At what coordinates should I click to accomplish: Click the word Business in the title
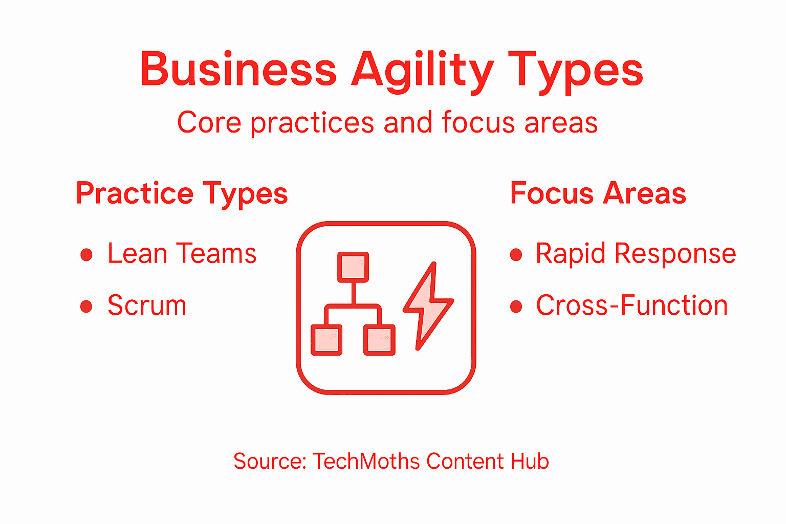pyautogui.click(x=238, y=70)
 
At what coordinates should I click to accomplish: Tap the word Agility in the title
pyautogui.click(x=423, y=71)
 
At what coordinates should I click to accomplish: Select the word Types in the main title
pyautogui.click(x=575, y=71)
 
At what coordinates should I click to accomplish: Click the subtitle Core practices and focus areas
pyautogui.click(x=387, y=123)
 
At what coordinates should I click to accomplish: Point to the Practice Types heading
pyautogui.click(x=182, y=194)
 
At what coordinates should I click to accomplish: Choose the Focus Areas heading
pyautogui.click(x=598, y=193)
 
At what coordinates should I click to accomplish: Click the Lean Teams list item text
pyautogui.click(x=182, y=254)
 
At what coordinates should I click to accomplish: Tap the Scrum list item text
pyautogui.click(x=147, y=305)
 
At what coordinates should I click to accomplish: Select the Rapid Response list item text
pyautogui.click(x=636, y=253)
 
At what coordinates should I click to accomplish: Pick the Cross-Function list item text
pyautogui.click(x=631, y=305)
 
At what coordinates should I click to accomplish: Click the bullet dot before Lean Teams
pyautogui.click(x=86, y=255)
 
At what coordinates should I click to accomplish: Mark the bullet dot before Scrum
pyautogui.click(x=86, y=307)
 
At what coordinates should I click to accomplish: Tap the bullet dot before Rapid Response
pyautogui.click(x=516, y=255)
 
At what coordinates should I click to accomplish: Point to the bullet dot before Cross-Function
pyautogui.click(x=516, y=307)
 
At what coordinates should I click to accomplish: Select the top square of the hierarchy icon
pyautogui.click(x=353, y=267)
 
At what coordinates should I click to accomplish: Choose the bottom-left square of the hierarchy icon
pyautogui.click(x=326, y=340)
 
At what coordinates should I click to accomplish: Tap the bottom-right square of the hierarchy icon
pyautogui.click(x=379, y=340)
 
